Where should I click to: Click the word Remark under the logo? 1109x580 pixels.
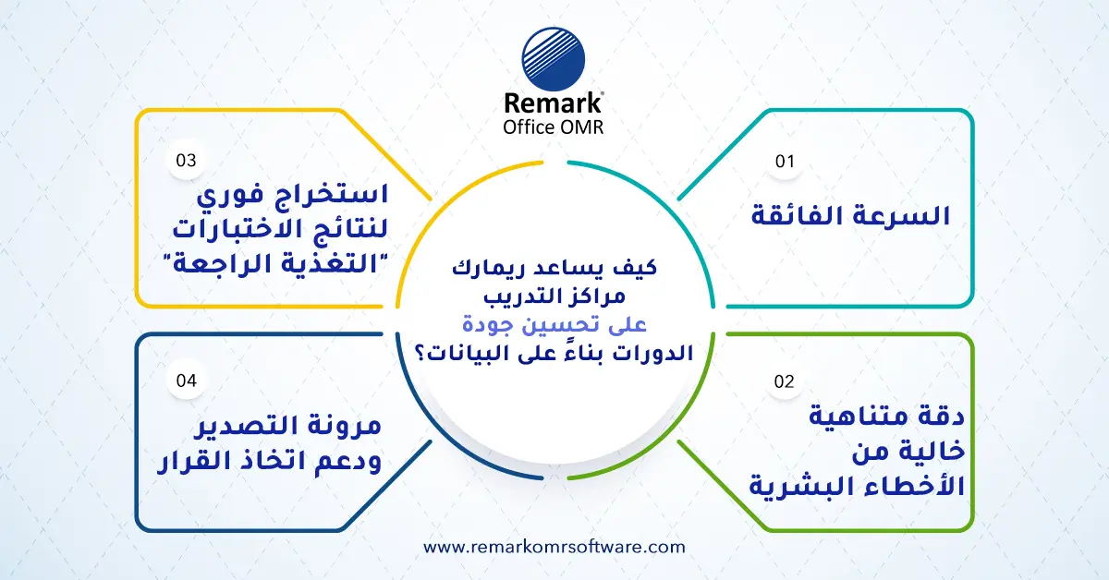(x=554, y=103)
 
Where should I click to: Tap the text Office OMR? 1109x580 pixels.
(x=554, y=127)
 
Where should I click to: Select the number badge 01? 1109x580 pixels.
(x=785, y=162)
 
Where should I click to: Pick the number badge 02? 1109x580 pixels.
(x=784, y=381)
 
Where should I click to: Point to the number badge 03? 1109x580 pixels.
(x=187, y=161)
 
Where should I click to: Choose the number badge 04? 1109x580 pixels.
(x=187, y=380)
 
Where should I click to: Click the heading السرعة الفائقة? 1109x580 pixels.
(x=849, y=217)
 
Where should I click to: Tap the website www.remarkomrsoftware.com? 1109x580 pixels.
(x=554, y=547)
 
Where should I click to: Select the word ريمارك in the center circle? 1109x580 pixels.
(x=477, y=271)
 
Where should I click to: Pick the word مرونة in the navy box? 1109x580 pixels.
(x=347, y=426)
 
